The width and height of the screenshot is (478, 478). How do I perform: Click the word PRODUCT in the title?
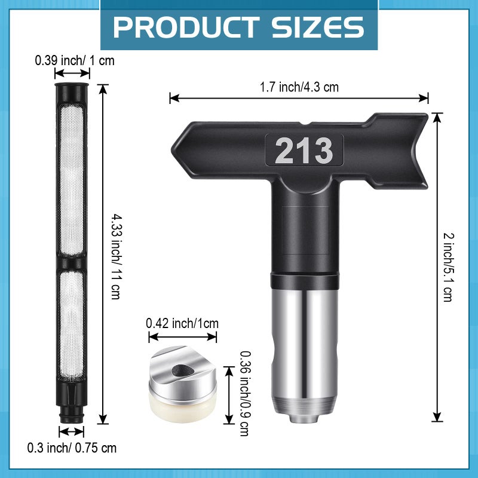coord(182,27)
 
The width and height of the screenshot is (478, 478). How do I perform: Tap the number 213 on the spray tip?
coord(304,151)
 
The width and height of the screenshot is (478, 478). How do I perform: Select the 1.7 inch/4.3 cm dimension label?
coord(299,87)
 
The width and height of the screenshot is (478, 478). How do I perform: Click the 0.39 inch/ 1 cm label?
coord(74,60)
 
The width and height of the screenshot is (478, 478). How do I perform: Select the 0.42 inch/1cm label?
coord(182,323)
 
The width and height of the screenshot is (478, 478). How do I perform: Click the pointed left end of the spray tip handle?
coord(179,147)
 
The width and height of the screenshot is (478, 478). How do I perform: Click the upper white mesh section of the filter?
coord(72,179)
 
